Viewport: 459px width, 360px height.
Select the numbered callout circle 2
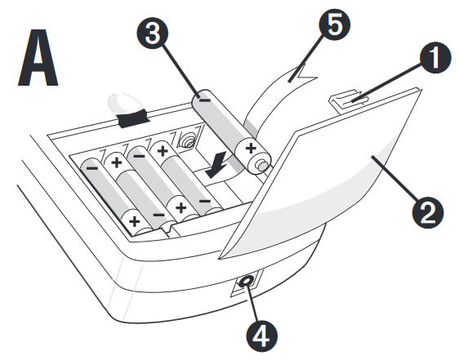[x=426, y=212]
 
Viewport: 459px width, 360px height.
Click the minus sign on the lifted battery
[x=205, y=102]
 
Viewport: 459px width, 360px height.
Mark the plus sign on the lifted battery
[x=249, y=149]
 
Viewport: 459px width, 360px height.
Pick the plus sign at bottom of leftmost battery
[x=133, y=221]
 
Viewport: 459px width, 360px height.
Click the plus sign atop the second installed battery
[x=116, y=162]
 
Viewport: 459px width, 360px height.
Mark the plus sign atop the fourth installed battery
[x=163, y=150]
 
